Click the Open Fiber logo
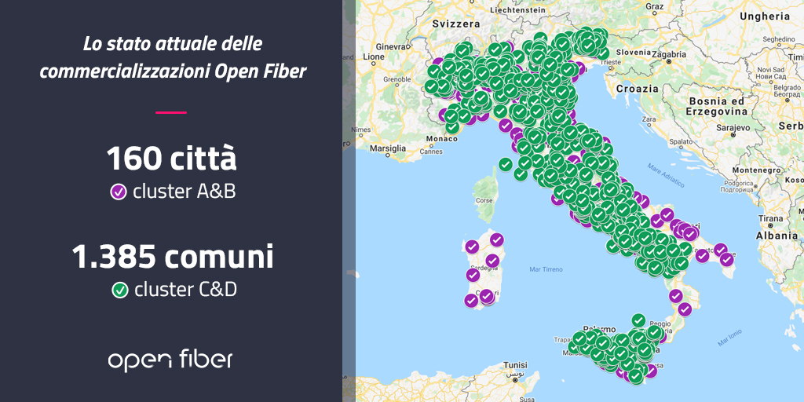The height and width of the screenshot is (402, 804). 170,360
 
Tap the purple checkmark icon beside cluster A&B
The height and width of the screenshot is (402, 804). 119,192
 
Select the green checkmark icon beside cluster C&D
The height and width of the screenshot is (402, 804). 120,291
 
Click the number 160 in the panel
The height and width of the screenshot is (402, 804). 134,159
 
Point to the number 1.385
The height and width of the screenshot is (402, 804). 115,257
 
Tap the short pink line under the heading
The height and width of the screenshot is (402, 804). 171,112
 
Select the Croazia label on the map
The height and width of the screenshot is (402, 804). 637,89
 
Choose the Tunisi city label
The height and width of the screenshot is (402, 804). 515,365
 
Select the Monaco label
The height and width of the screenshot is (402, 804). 440,139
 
